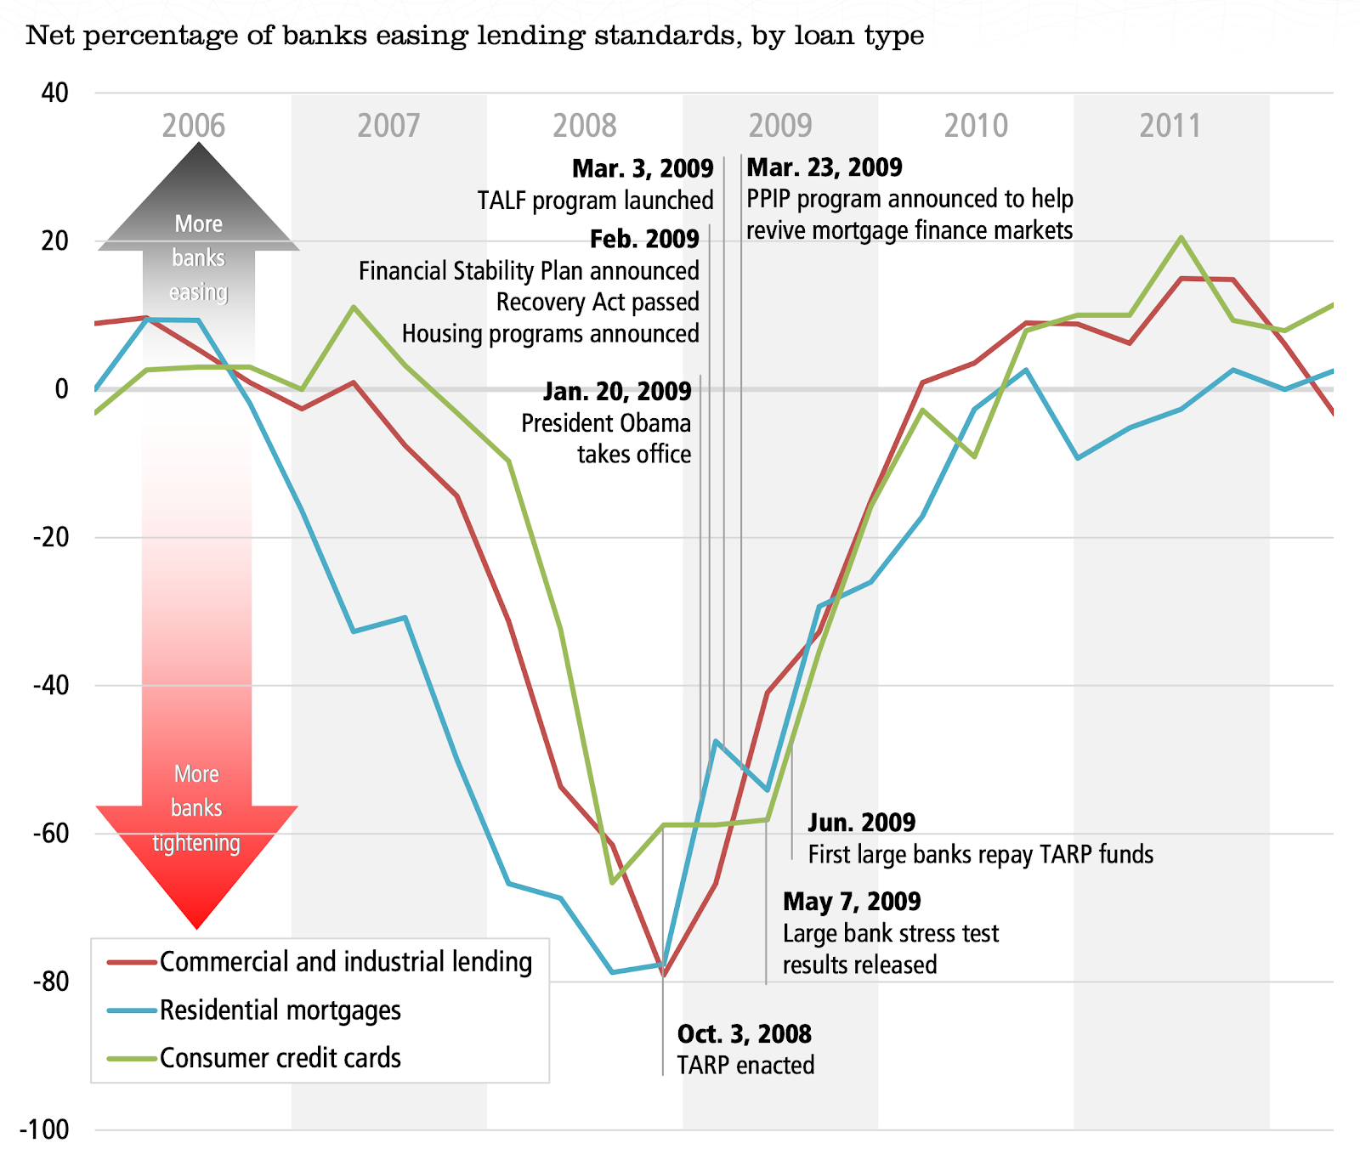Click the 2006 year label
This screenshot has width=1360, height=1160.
point(194,126)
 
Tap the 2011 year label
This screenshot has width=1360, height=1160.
point(1170,126)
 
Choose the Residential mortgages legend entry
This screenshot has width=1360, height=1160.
point(280,1010)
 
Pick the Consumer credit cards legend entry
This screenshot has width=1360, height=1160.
point(280,1058)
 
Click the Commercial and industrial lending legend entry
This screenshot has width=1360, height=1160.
point(345,962)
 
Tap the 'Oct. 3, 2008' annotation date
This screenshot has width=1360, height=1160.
point(744,1034)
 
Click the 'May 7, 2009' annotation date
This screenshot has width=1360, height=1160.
point(852,902)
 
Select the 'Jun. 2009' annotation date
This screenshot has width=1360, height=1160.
point(861,823)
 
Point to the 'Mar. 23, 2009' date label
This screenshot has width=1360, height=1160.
point(824,167)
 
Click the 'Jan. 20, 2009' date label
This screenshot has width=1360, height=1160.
point(617,392)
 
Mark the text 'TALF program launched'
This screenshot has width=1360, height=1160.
point(595,201)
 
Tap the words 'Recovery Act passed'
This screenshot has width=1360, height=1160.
point(598,303)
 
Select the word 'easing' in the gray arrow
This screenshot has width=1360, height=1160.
point(199,292)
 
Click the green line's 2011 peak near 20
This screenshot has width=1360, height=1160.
point(1181,237)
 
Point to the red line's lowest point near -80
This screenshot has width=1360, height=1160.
point(663,976)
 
